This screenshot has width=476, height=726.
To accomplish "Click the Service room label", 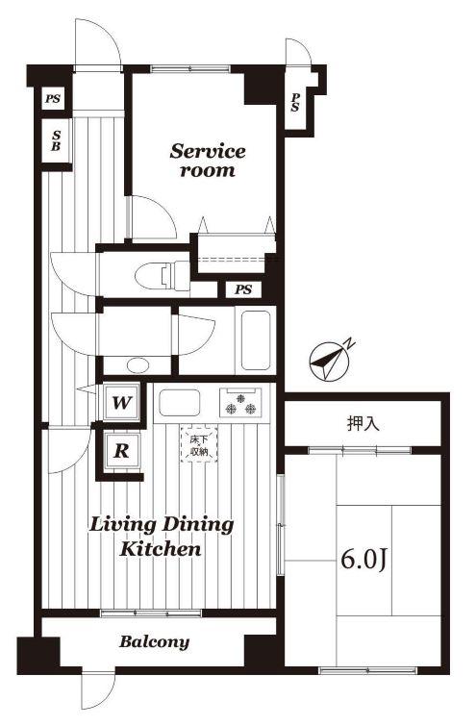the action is tap(208, 161).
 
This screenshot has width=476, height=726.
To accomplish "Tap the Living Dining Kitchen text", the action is tap(162, 537).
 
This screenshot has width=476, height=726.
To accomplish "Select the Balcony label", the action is tap(154, 641).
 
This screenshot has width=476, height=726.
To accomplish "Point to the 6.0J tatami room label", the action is tap(363, 561).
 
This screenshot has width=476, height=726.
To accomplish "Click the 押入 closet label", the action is tap(363, 424).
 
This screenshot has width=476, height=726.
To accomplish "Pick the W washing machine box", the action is tap(121, 402).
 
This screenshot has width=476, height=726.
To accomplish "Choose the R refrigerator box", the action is tap(122, 451).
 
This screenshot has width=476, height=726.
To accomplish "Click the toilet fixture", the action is tap(163, 276).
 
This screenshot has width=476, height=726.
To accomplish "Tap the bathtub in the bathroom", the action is tap(256, 340).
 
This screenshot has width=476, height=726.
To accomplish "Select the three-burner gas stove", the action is tap(240, 402).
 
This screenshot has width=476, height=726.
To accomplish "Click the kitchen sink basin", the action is tap(180, 402).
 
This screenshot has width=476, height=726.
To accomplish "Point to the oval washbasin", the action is tap(138, 365).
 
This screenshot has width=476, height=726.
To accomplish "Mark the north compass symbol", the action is tap(329, 362).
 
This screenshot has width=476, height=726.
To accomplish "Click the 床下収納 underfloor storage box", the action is tap(199, 445).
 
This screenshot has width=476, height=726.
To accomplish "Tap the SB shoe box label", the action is tap(56, 140).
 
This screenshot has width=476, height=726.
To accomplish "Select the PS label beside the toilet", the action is tap(243, 289).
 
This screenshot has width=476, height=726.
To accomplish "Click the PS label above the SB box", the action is tap(53, 99).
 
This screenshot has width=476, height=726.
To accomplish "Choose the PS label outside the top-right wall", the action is tap(295, 102).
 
